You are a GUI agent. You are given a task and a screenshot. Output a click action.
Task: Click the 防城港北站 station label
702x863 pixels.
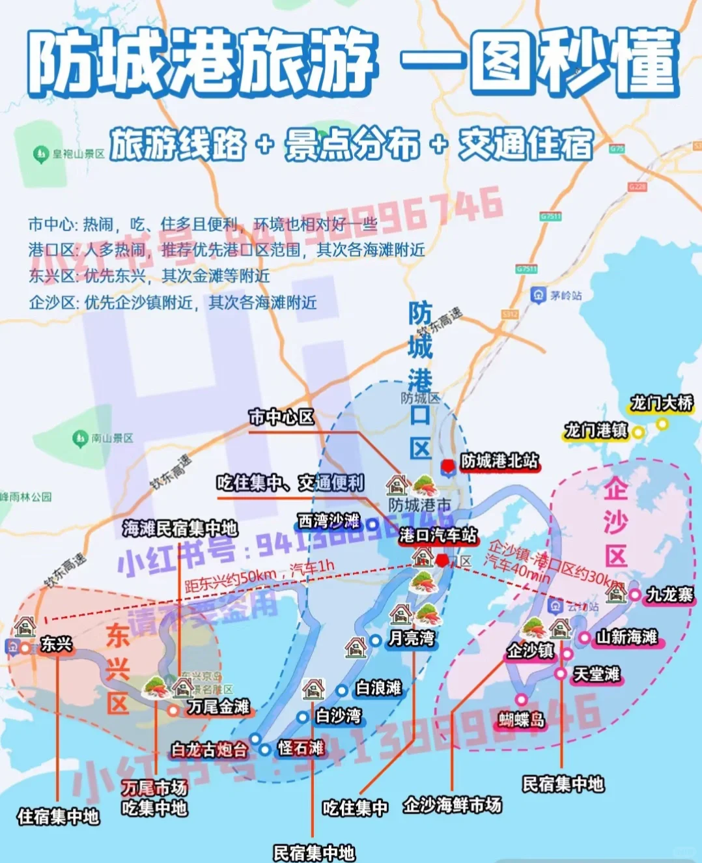499,461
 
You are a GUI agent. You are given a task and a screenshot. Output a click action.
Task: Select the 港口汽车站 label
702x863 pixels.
438,535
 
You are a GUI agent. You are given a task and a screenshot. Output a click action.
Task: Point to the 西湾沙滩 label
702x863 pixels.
329,521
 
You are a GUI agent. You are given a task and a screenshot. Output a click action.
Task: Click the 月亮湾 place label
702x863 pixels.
412,638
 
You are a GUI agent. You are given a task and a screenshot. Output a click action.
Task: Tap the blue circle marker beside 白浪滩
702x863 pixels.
342,690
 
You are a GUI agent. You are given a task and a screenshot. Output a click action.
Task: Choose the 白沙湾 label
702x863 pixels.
339,716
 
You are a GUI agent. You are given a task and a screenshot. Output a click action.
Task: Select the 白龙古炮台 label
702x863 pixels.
209,750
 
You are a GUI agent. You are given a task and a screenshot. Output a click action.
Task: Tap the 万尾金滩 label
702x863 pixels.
218,707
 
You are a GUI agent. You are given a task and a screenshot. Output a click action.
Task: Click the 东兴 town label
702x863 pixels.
56,644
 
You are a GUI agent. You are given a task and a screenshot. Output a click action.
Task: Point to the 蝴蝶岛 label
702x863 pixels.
521,719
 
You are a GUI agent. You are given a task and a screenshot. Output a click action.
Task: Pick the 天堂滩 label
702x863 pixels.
596,674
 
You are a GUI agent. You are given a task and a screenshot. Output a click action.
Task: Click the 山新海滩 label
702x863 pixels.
626,636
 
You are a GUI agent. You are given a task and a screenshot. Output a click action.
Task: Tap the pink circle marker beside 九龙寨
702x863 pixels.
634,594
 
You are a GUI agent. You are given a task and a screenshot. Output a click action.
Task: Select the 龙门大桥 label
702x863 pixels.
661,403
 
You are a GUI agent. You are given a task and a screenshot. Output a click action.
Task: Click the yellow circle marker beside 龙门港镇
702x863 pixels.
638,432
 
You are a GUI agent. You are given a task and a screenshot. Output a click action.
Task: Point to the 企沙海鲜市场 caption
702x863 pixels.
452,805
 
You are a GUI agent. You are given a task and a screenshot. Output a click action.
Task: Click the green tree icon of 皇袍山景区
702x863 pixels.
41,154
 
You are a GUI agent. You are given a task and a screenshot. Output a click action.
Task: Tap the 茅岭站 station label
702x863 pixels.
565,296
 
